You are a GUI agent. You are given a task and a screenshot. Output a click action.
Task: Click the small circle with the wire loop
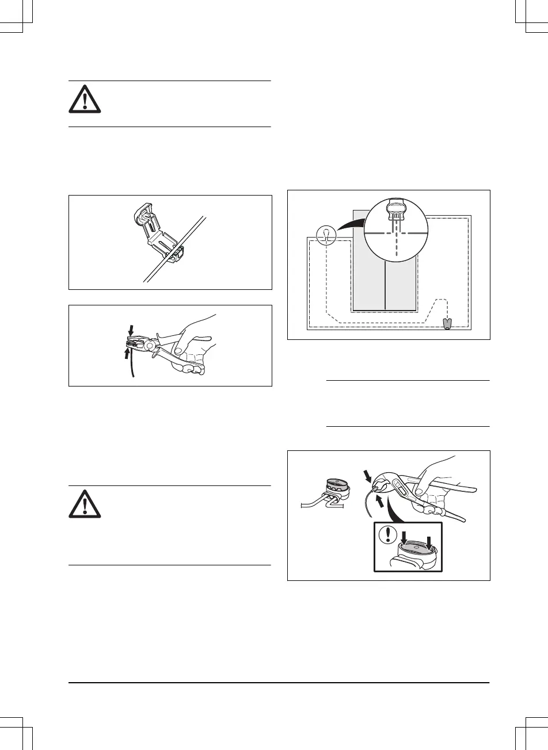click(326, 233)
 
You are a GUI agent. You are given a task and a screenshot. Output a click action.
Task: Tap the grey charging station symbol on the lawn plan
click(447, 323)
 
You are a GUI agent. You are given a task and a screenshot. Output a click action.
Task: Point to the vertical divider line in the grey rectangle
click(384, 288)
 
